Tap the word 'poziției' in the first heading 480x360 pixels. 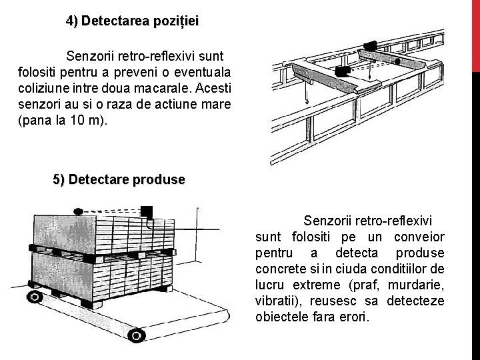coord(175,21)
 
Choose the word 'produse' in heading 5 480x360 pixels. coord(159,180)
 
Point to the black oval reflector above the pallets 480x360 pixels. coord(79,211)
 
